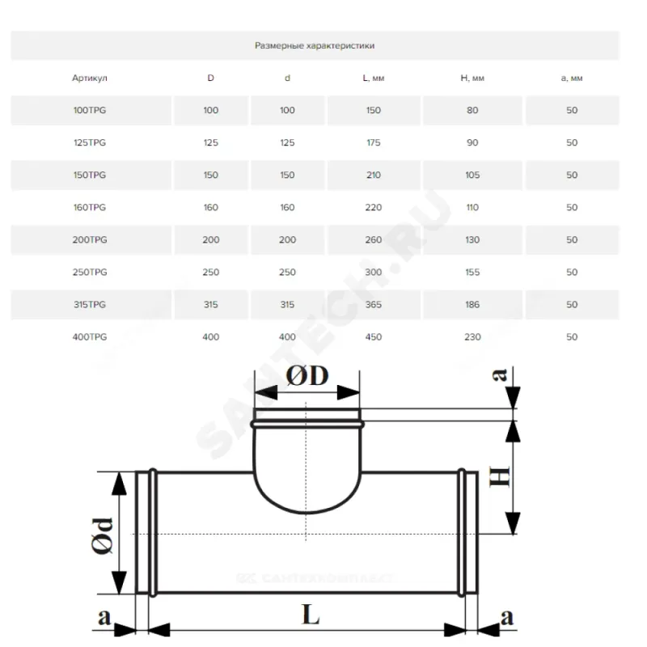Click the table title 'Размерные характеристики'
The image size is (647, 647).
coord(315,45)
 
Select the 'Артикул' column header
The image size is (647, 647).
coord(90,78)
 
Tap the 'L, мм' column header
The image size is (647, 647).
coord(374,78)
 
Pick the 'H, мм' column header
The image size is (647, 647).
coord(472,78)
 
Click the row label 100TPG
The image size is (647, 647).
coord(90,110)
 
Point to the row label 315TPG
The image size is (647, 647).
coord(90,305)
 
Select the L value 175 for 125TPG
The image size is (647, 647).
coord(374,142)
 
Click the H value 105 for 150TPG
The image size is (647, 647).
coord(472,175)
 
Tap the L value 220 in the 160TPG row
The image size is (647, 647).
coord(374,207)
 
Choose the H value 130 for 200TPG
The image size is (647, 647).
coord(472,239)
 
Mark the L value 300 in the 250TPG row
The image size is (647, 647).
coord(374,272)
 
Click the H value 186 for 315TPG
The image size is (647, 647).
coord(472,305)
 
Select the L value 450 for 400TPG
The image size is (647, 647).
coord(374,336)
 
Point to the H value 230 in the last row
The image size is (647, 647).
coord(472,336)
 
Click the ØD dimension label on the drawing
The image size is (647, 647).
coord(307,375)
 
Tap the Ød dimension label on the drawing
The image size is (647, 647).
coord(102,535)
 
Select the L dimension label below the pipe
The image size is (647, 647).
coord(311,615)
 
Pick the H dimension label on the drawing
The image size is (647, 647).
coord(500,476)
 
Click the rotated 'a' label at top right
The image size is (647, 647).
coord(500,374)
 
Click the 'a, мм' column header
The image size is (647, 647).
coord(572,78)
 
